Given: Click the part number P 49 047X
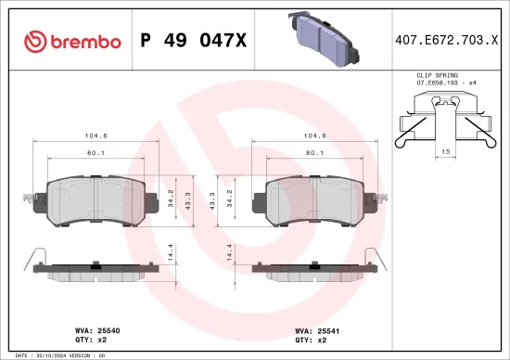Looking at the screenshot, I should (192, 42).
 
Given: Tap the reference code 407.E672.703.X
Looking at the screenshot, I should (441, 42).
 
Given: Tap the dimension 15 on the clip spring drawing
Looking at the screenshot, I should (445, 151).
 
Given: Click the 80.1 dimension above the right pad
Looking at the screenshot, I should (313, 154).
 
